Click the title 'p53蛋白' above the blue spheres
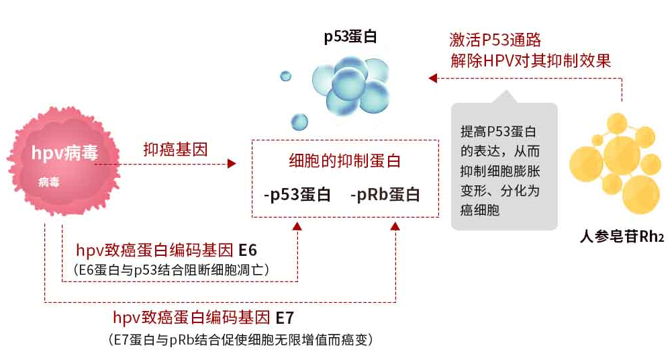click(350, 37)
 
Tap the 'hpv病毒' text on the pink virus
click(64, 154)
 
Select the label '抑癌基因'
click(168, 149)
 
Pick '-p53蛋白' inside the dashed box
click(297, 195)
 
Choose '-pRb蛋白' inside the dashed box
click(385, 195)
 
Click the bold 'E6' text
click(248, 251)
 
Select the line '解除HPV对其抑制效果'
click(530, 60)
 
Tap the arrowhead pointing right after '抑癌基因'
click(233, 163)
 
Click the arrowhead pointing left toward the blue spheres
click(432, 79)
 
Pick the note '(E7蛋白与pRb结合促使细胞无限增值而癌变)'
click(240, 339)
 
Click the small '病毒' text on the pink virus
click(49, 182)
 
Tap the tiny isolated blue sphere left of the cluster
click(285, 76)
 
